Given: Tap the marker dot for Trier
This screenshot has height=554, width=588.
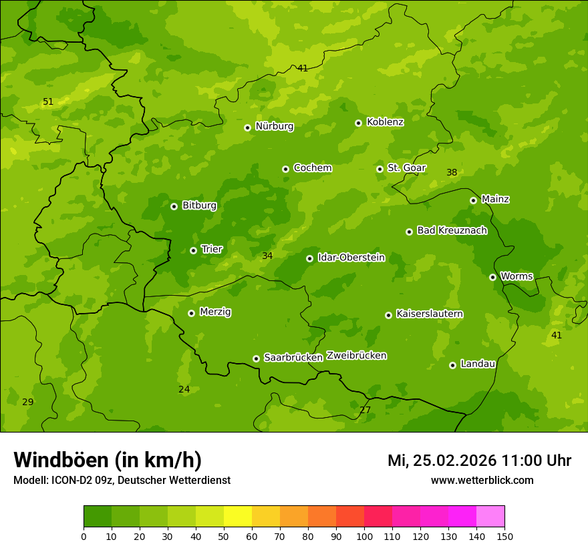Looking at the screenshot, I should pyautogui.click(x=193, y=250).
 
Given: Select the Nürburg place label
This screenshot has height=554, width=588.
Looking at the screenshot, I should pyautogui.click(x=274, y=126).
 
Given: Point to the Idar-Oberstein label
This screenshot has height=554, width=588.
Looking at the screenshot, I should pyautogui.click(x=351, y=258).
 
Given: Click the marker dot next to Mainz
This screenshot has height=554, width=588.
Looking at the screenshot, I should pyautogui.click(x=473, y=200).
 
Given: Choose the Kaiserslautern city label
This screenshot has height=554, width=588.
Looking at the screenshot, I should pyautogui.click(x=429, y=314).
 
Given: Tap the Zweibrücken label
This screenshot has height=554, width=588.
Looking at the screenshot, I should pyautogui.click(x=356, y=356).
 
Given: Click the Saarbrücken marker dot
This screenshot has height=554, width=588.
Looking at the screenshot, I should pyautogui.click(x=256, y=358).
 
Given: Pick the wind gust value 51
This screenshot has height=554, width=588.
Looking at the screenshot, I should pyautogui.click(x=48, y=102).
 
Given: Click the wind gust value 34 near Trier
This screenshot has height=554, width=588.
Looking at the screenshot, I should pyautogui.click(x=267, y=256).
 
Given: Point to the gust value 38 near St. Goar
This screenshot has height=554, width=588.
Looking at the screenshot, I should pyautogui.click(x=452, y=173).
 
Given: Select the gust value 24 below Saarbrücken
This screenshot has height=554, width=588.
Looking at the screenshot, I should pyautogui.click(x=184, y=390).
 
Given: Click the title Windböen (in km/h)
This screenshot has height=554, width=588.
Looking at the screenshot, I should pyautogui.click(x=107, y=460).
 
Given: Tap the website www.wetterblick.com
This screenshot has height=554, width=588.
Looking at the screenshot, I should pyautogui.click(x=482, y=481).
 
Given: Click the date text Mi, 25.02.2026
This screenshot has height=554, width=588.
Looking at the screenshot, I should pyautogui.click(x=441, y=461).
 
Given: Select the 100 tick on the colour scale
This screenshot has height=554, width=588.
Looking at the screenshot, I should pyautogui.click(x=364, y=537).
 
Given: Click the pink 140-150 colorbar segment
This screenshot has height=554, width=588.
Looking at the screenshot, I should pyautogui.click(x=490, y=517).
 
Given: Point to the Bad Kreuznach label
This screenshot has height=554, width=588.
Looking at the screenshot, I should pyautogui.click(x=452, y=230).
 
